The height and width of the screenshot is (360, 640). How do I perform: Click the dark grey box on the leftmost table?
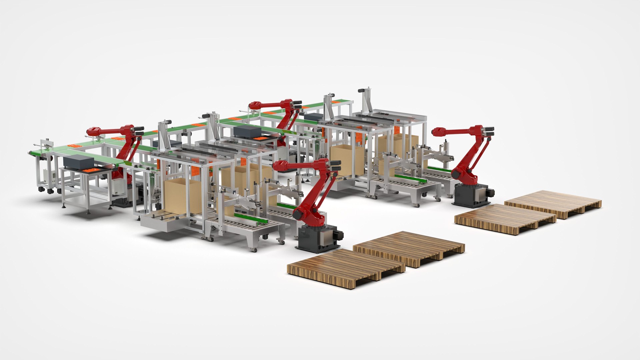tap(78, 162)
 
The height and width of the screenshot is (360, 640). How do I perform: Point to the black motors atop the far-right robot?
tap(490, 131)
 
